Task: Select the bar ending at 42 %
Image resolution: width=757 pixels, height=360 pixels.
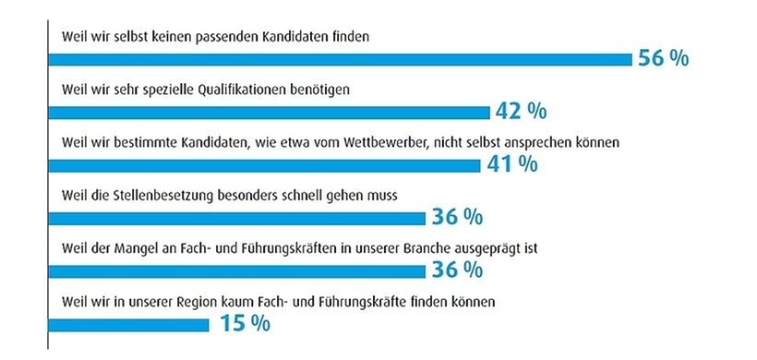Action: point(268,112)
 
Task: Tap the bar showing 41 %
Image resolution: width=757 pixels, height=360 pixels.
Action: point(262,165)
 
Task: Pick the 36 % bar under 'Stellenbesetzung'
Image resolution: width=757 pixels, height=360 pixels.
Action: point(236,219)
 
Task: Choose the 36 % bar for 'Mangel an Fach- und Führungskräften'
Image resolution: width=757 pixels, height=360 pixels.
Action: point(236,271)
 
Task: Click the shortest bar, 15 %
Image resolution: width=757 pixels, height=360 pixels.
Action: point(128,324)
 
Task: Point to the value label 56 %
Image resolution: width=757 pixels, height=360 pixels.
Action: point(663,59)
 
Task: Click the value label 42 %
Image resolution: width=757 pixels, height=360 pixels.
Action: point(521,112)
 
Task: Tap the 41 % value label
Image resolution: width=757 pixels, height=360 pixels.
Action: point(511,165)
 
